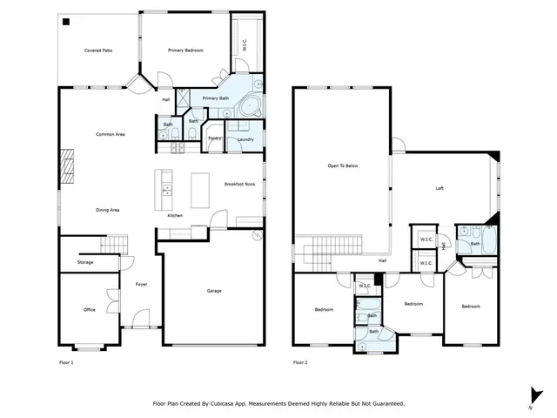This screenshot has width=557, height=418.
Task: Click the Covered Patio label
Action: tap(98, 51)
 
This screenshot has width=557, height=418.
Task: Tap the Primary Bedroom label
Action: tap(185, 51)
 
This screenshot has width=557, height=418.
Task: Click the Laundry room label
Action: tap(245, 139)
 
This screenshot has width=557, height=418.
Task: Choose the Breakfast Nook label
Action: tap(238, 185)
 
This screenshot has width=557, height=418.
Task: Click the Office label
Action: tap(89, 310)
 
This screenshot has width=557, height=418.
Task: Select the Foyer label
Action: tap(141, 284)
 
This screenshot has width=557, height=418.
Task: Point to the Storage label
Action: tap(84, 262)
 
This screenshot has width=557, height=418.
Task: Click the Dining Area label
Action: tap(107, 210)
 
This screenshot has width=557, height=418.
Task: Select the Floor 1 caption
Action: tap(66, 361)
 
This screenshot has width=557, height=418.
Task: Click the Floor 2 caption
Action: tap(300, 361)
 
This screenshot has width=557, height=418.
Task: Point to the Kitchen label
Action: tap(174, 214)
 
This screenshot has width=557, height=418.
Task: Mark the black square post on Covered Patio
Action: tap(66, 22)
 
